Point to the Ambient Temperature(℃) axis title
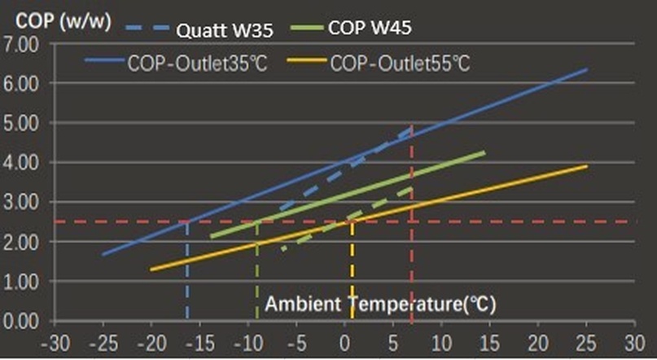380,305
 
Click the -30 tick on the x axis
56,343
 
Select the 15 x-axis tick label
489,343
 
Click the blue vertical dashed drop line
187,269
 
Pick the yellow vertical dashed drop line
352,269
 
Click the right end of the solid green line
484,152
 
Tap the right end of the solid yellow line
586,166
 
